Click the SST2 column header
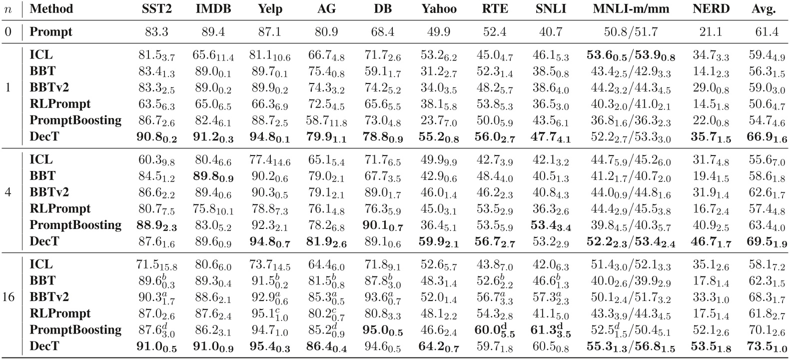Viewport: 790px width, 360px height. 156,9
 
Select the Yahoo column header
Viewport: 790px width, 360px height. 439,9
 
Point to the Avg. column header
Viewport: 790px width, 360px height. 763,9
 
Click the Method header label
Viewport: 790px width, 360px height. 51,9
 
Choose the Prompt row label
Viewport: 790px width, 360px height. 51,32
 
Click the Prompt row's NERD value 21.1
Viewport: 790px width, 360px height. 711,32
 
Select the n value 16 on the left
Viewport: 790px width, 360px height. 8,297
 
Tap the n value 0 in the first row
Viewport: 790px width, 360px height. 8,32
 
